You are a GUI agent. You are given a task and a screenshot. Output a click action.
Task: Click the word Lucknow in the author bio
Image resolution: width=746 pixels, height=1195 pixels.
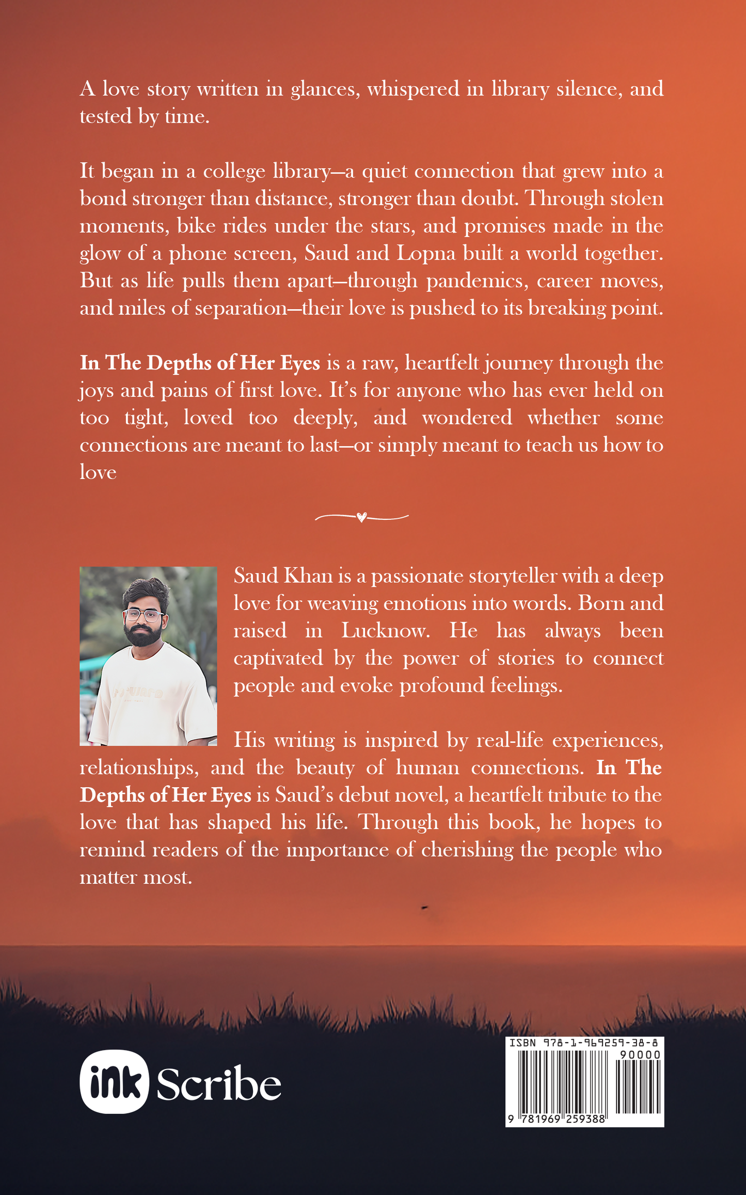(x=385, y=631)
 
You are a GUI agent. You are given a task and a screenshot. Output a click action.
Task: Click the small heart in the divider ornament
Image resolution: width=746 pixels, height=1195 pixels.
(x=361, y=517)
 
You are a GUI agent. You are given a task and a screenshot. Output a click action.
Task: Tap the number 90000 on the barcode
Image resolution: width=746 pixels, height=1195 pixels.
(x=640, y=1055)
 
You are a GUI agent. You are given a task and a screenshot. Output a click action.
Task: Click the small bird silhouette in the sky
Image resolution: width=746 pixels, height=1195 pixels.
(x=425, y=907)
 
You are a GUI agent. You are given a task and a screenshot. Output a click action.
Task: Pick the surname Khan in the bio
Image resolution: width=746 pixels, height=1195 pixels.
(x=308, y=576)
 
